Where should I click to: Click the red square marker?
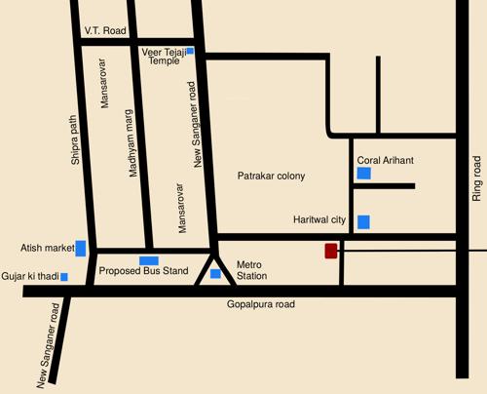click(331, 251)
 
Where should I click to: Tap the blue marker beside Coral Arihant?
click(363, 174)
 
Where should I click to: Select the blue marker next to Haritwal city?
click(363, 221)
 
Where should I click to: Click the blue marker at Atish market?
click(81, 248)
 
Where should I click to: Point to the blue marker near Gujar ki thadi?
click(64, 277)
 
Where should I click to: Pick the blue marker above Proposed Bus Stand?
click(149, 259)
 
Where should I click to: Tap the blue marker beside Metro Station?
click(215, 274)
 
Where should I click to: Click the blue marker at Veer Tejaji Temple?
click(190, 50)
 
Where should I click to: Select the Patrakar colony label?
click(272, 176)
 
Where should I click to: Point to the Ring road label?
click(477, 178)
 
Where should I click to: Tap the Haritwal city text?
click(320, 220)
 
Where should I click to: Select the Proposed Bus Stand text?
click(143, 271)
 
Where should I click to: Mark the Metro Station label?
click(251, 270)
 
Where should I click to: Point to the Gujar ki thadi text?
click(29, 277)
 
